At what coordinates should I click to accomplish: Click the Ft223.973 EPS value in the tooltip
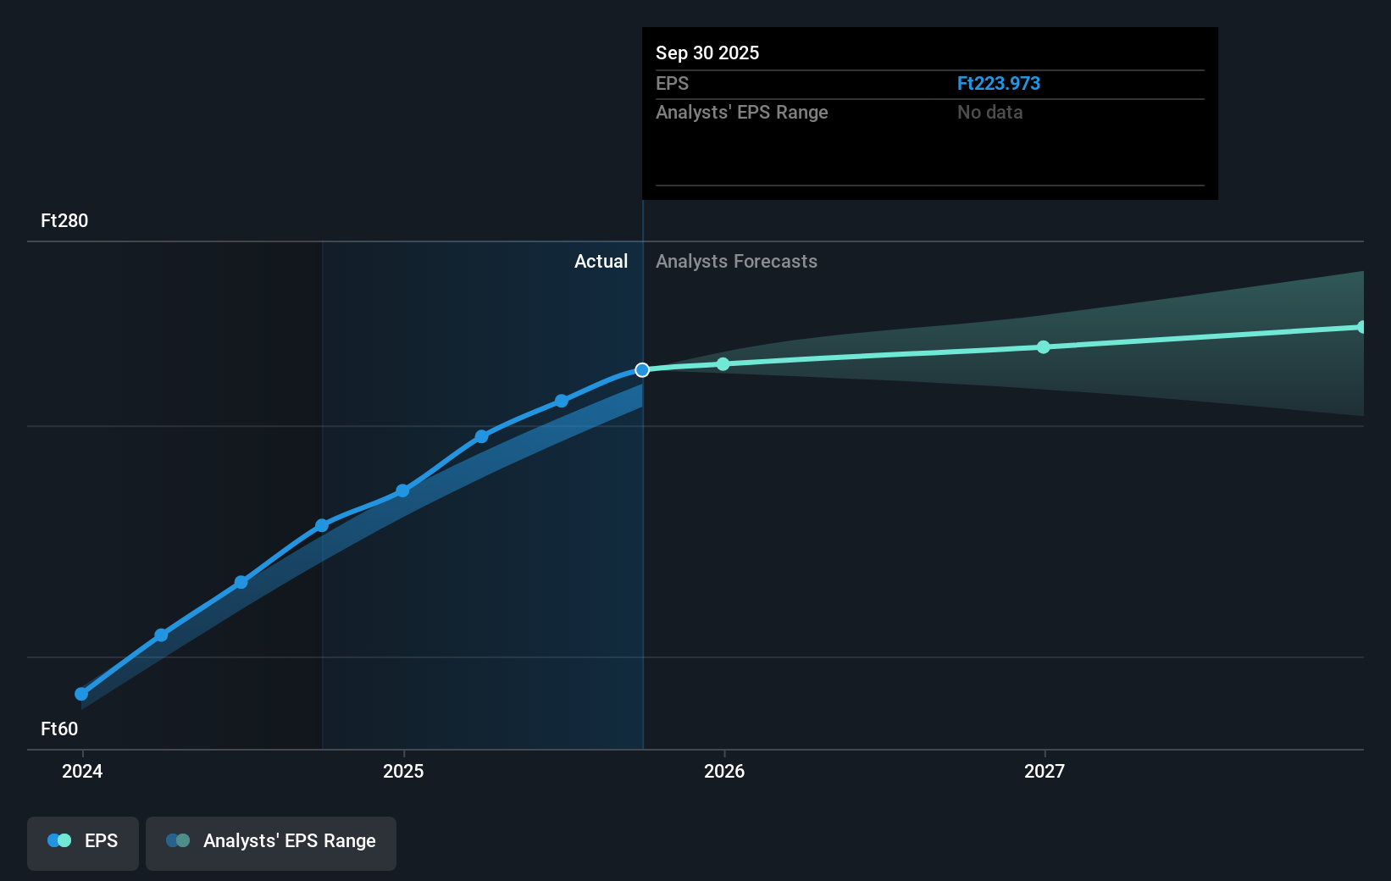click(998, 83)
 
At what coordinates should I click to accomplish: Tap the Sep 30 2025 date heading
click(707, 53)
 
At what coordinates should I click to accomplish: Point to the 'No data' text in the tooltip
click(989, 112)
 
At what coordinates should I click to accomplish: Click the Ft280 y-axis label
click(64, 220)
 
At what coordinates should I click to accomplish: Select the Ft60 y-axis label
click(59, 729)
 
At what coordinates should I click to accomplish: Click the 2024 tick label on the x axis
click(82, 771)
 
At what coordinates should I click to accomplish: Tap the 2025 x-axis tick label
click(403, 771)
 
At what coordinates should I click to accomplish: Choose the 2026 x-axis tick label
click(724, 771)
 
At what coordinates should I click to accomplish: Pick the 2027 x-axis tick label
click(1044, 771)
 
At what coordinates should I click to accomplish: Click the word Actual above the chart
click(601, 261)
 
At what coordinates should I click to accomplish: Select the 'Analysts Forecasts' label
click(736, 261)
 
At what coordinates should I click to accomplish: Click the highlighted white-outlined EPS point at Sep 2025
click(642, 370)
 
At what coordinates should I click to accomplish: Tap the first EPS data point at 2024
click(81, 694)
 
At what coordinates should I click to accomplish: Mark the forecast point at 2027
click(1044, 347)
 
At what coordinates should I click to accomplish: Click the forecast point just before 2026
click(723, 364)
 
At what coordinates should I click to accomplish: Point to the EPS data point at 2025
click(402, 490)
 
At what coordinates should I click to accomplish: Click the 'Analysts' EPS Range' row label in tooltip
click(741, 112)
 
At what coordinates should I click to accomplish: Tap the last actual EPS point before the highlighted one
click(562, 401)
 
